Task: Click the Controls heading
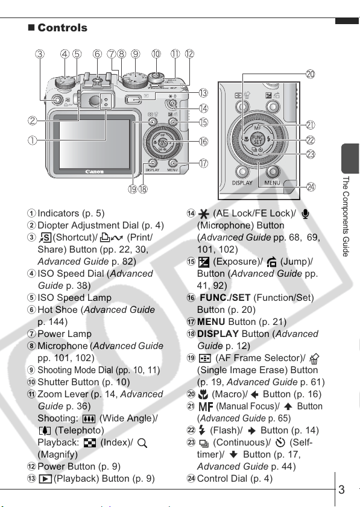(x=62, y=28)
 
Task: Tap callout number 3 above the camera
(x=40, y=54)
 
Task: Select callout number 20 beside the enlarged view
(x=310, y=74)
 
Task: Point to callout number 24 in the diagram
(x=311, y=187)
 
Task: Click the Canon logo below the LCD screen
(x=95, y=172)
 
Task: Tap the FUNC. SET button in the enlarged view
(x=258, y=140)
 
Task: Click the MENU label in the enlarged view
(x=272, y=183)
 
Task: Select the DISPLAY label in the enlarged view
(x=242, y=183)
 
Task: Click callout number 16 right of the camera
(x=203, y=142)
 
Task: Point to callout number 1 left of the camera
(x=33, y=140)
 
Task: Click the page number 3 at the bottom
(x=341, y=490)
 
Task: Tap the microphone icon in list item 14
(x=305, y=214)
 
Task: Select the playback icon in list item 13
(x=45, y=479)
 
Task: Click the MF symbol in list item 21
(x=206, y=407)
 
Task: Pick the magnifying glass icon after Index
(x=142, y=443)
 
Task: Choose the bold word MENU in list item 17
(x=211, y=322)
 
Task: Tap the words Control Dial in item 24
(x=222, y=479)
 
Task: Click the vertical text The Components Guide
(x=346, y=216)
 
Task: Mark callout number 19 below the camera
(x=133, y=189)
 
